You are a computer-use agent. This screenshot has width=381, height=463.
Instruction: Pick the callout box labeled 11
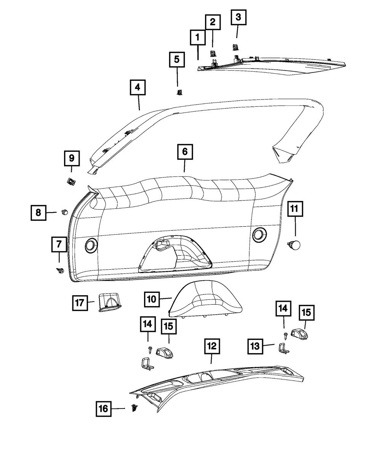295,209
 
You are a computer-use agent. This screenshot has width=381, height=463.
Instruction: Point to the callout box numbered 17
80,303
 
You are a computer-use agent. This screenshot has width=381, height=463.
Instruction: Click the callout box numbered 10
152,299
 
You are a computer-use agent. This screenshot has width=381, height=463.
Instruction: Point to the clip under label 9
70,181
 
